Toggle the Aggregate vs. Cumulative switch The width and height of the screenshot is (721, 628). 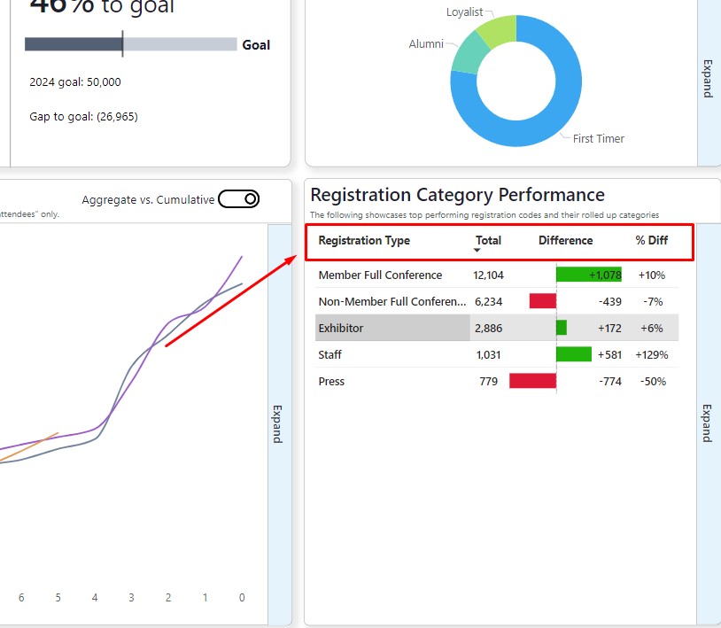pyautogui.click(x=238, y=199)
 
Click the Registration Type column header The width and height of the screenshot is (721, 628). pyautogui.click(x=364, y=240)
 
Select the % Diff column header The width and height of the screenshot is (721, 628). pyautogui.click(x=651, y=240)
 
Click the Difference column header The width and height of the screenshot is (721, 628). pyautogui.click(x=565, y=240)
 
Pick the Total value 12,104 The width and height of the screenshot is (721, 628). pyautogui.click(x=488, y=275)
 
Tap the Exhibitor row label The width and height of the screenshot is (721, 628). pyautogui.click(x=341, y=328)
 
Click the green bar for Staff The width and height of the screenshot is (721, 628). pyautogui.click(x=573, y=354)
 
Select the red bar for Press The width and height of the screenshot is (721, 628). pyautogui.click(x=532, y=381)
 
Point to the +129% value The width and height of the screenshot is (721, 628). pyautogui.click(x=651, y=354)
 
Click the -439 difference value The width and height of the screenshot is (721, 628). pyautogui.click(x=609, y=301)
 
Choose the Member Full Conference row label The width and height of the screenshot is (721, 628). pyautogui.click(x=380, y=275)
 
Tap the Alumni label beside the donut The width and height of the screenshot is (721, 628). pyautogui.click(x=426, y=43)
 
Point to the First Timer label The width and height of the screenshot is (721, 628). pyautogui.click(x=598, y=138)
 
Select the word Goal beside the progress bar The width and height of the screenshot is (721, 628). pyautogui.click(x=256, y=44)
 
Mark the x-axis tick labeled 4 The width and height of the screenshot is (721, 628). pyautogui.click(x=95, y=598)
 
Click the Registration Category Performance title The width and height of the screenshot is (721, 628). pyautogui.click(x=457, y=195)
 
